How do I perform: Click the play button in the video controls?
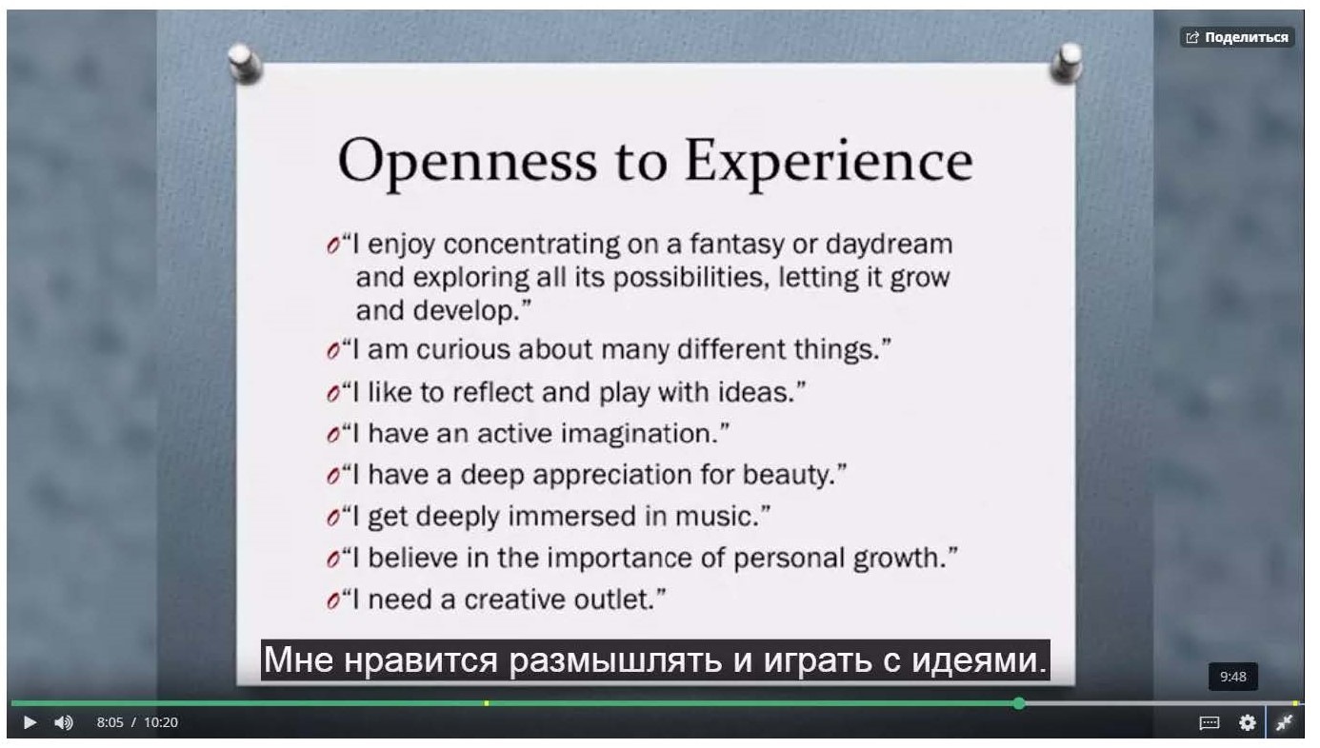(30, 722)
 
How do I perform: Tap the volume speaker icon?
(64, 722)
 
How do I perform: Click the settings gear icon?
(1247, 722)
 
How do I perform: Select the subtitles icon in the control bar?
(1210, 722)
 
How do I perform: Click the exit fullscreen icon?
(1284, 722)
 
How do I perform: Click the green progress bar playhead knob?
(1019, 703)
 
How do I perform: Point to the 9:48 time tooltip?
(1232, 677)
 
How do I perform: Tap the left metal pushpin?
(245, 63)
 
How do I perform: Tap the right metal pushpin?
(1067, 63)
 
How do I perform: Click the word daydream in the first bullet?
(889, 245)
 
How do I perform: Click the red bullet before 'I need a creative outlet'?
(333, 600)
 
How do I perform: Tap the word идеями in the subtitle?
(979, 660)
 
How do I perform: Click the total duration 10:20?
(161, 722)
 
